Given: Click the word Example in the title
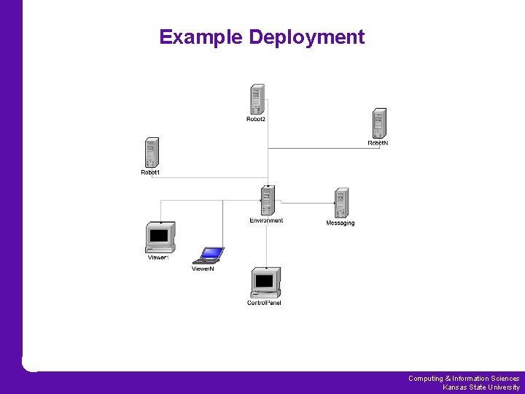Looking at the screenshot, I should click(x=201, y=37).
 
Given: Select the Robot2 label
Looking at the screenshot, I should click(x=256, y=120).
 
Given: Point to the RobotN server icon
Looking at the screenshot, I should click(x=378, y=123).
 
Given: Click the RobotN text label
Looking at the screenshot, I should click(x=378, y=144).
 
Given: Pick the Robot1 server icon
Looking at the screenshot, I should click(x=151, y=152).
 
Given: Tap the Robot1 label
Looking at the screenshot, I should click(x=150, y=173).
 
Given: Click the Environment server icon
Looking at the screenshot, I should click(x=267, y=201).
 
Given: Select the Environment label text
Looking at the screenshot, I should click(x=266, y=220).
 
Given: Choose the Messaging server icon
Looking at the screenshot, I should click(x=341, y=202).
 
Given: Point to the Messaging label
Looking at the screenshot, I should click(x=340, y=223).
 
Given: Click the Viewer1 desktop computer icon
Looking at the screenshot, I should click(x=160, y=237).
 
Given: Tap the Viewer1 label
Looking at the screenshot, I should click(x=158, y=258).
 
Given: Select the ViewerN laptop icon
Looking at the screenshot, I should click(x=209, y=255).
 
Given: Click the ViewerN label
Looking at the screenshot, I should click(x=203, y=269).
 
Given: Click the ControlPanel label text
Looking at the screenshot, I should click(x=264, y=303).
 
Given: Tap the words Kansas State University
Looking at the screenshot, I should click(x=481, y=387).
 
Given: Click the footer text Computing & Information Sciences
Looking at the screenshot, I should click(x=464, y=379).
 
